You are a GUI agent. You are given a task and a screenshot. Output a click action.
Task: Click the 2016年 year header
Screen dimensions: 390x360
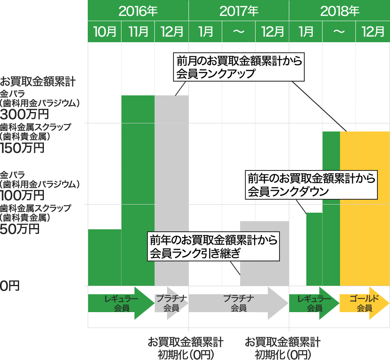click(x=138, y=11)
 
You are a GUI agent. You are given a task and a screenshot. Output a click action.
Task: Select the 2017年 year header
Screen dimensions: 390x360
click(x=239, y=11)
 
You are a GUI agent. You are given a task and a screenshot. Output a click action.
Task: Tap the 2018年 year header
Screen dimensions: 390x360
click(x=340, y=11)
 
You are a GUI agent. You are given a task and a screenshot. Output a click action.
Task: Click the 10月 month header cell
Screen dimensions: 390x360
click(x=104, y=32)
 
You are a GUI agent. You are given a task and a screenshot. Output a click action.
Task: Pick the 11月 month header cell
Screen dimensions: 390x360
click(x=138, y=32)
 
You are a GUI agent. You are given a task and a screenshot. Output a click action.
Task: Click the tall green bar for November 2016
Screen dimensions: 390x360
click(x=138, y=191)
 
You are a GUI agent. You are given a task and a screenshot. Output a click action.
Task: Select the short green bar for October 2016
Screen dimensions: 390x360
click(x=105, y=257)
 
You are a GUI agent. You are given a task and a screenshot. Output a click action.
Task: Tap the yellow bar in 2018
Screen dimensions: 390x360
click(x=365, y=209)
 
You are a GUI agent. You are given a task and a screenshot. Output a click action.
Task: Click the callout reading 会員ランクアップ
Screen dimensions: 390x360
click(x=239, y=67)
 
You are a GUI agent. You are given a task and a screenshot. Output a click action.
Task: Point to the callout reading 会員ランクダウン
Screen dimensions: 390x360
click(x=311, y=185)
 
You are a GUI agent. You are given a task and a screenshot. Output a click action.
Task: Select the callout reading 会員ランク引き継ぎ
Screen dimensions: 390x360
click(x=213, y=246)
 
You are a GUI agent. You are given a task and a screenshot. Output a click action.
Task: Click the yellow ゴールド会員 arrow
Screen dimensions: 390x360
click(x=364, y=303)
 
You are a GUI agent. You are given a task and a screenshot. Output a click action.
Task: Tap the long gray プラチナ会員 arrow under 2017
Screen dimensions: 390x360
click(x=238, y=303)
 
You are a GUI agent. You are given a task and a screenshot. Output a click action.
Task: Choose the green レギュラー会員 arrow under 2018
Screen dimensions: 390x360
click(x=314, y=303)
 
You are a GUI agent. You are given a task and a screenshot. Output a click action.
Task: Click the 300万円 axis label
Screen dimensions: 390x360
click(x=24, y=114)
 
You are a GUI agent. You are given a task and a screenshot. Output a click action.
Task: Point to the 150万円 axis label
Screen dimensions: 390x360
click(x=22, y=148)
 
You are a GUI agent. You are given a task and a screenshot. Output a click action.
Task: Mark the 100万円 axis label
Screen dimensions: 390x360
click(x=22, y=195)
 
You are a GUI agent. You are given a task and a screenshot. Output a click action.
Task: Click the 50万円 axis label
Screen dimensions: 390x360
click(x=19, y=229)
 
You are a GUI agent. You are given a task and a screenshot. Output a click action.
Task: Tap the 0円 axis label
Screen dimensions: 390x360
click(x=10, y=286)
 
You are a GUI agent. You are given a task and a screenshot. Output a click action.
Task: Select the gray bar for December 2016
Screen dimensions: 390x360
click(x=171, y=191)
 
